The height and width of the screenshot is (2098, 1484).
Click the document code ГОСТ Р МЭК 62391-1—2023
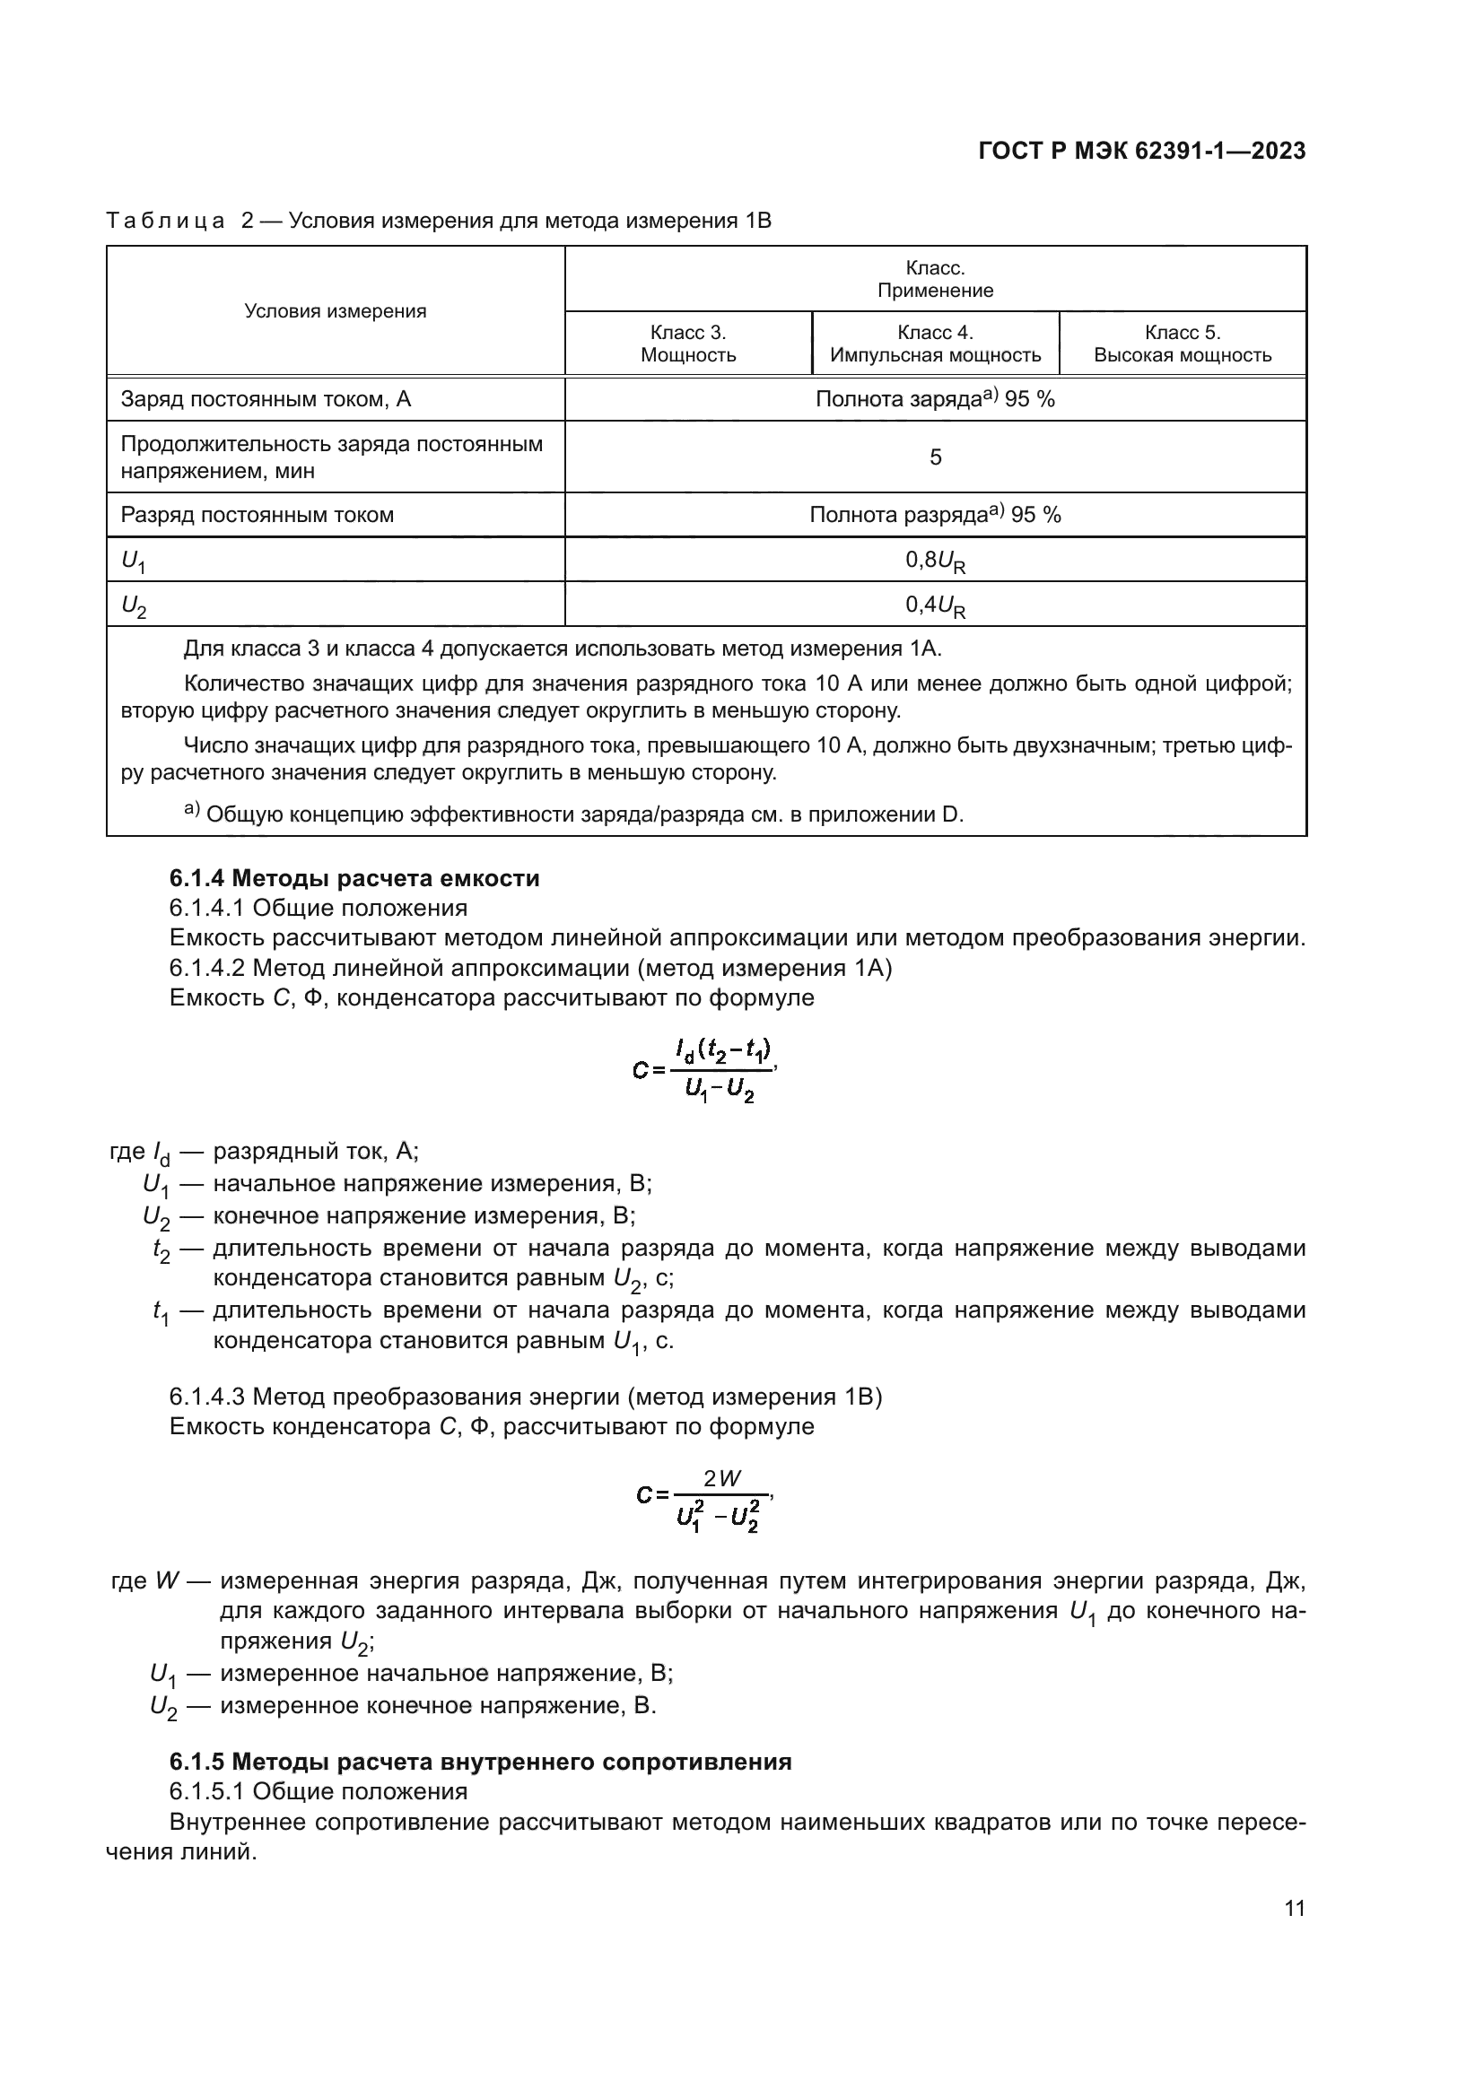pyautogui.click(x=1141, y=152)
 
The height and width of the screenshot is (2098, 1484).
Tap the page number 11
pyautogui.click(x=1294, y=1908)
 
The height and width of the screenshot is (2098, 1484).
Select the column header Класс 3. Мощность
pyautogui.click(x=688, y=344)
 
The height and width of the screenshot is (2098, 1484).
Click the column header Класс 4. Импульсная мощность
pyautogui.click(x=935, y=344)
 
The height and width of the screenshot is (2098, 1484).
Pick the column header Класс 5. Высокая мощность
pyautogui.click(x=1183, y=344)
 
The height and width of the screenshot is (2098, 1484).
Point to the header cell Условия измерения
pyautogui.click(x=336, y=310)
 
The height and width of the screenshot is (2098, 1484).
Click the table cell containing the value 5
pyautogui.click(x=935, y=457)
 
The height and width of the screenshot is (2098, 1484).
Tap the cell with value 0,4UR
pyautogui.click(x=935, y=605)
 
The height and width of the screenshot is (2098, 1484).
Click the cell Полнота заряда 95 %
pyautogui.click(x=935, y=399)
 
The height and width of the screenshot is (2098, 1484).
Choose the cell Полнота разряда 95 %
pyautogui.click(x=935, y=516)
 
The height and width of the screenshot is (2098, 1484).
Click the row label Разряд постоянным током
pyautogui.click(x=257, y=516)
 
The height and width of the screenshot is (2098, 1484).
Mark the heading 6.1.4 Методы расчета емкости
pyautogui.click(x=354, y=878)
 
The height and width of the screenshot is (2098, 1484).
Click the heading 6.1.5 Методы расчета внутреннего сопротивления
pyautogui.click(x=481, y=1762)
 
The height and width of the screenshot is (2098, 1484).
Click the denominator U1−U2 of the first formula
pyautogui.click(x=720, y=1090)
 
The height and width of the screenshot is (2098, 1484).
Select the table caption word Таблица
pyautogui.click(x=165, y=222)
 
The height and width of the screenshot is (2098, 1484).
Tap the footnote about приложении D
pyautogui.click(x=574, y=814)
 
